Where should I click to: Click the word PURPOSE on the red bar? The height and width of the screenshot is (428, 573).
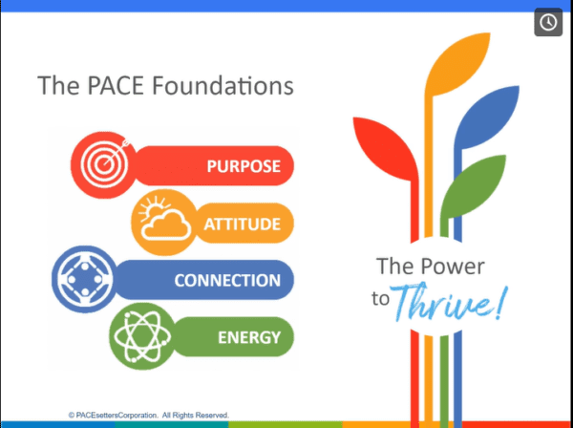coord(244,166)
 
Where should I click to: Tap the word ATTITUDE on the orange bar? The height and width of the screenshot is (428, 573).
coord(243,224)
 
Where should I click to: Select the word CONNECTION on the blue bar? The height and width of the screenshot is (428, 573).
coord(227,280)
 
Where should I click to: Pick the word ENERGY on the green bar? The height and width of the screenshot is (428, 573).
coord(249,337)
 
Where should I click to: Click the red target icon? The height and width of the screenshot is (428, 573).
coord(103,165)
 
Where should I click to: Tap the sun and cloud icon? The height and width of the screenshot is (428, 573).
coord(164,223)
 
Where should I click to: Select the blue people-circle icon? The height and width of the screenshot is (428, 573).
coord(85,279)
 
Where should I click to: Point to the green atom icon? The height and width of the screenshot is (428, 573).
coord(142,336)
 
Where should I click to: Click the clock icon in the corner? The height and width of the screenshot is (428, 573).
coord(548,22)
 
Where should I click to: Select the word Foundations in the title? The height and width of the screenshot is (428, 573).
coord(223,85)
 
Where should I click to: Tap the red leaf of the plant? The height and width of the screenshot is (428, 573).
coord(386,148)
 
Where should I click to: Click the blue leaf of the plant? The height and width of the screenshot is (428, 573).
coord(486,117)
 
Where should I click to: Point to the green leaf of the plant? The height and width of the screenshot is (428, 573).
coord(474,186)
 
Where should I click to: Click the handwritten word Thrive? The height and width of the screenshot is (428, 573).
coord(449,301)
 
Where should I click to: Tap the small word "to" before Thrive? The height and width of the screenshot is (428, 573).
coord(380,299)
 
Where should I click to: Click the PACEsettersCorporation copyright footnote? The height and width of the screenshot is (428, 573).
coord(148,416)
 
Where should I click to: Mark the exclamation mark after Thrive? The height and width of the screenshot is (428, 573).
coord(501,302)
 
